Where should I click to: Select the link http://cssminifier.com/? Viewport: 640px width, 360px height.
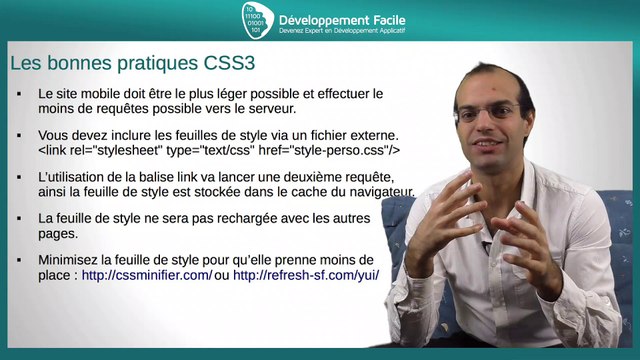click(x=146, y=275)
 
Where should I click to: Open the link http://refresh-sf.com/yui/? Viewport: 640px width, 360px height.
click(x=306, y=275)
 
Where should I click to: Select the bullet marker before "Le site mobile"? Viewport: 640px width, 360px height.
click(x=20, y=93)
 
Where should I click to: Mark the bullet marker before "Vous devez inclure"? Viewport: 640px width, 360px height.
click(x=20, y=135)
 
